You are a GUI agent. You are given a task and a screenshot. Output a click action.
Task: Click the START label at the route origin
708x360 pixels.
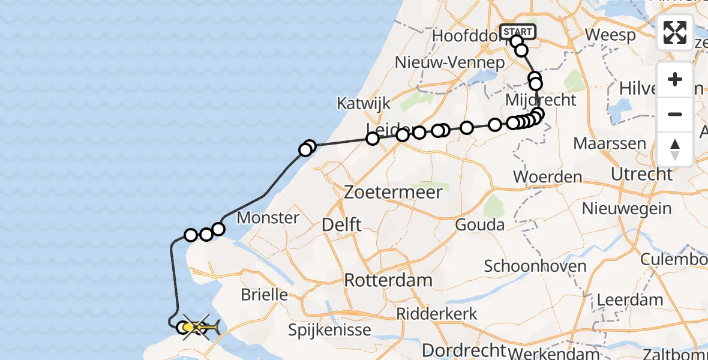517,32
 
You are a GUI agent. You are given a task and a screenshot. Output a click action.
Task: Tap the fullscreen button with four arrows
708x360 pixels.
675,32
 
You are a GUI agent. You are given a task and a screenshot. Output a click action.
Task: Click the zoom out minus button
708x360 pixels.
675,114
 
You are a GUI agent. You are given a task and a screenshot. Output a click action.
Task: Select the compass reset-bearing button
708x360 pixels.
675,149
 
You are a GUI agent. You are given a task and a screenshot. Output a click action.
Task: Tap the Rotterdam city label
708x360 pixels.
388,280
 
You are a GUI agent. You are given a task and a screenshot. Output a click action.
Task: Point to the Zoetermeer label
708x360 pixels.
394,193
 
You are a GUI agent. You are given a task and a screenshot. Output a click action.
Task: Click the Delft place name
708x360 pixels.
341,225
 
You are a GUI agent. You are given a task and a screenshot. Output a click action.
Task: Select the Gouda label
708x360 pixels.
480,225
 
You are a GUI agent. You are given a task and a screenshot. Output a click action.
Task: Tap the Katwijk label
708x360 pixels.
364,103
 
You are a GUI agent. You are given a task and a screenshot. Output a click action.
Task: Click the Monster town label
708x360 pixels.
268,217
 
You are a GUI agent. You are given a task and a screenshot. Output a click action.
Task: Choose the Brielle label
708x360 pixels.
264,295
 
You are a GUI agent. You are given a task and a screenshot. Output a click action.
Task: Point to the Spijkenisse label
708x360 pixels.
329,329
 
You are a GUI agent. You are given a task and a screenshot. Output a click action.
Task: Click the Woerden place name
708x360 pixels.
548,177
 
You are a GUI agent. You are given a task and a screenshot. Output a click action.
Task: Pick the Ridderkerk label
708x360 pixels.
437,313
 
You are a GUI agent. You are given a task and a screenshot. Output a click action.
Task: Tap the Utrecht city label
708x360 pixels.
641,175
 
